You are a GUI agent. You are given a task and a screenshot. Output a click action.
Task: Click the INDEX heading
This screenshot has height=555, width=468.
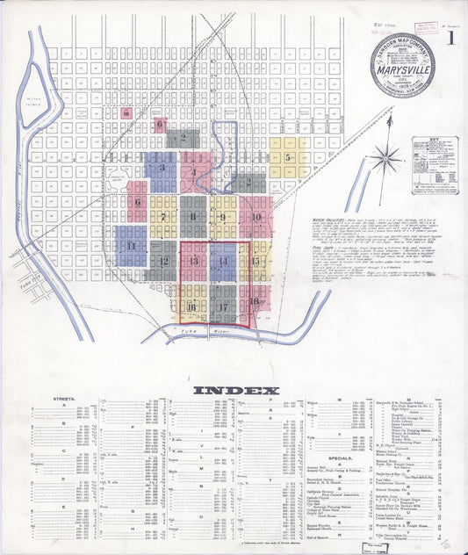tap(235, 390)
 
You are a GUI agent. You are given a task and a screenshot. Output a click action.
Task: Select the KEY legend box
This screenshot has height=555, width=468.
tap(435, 164)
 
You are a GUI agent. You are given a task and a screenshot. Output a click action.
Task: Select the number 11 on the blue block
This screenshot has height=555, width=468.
tap(131, 246)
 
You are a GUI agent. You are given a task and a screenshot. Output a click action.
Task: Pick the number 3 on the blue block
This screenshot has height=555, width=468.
tap(162, 167)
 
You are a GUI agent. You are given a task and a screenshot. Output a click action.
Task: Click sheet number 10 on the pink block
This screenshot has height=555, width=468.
tap(256, 216)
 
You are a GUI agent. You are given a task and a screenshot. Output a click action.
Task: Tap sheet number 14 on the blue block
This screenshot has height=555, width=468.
tap(223, 262)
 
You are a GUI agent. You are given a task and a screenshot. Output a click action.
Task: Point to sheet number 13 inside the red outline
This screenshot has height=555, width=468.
tap(193, 262)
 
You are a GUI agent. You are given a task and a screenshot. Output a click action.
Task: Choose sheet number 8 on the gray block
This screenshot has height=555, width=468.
tap(193, 216)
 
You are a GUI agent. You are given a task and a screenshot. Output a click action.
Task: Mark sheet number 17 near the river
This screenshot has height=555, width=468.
tap(224, 306)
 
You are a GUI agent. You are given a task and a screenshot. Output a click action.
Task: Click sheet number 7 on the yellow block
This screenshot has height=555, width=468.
tap(162, 216)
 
